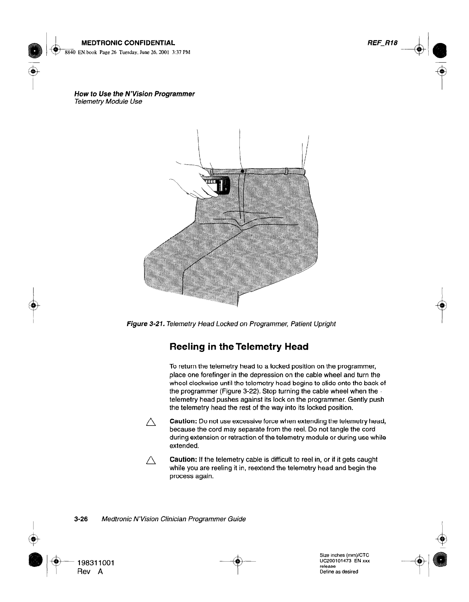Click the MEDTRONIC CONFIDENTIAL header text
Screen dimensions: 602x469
[x=126, y=43]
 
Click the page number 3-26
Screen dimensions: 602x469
[x=81, y=519]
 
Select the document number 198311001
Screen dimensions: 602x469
[x=96, y=563]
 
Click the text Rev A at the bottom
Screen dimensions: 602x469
[x=90, y=571]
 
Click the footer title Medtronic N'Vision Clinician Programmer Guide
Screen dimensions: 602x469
[x=174, y=519]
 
